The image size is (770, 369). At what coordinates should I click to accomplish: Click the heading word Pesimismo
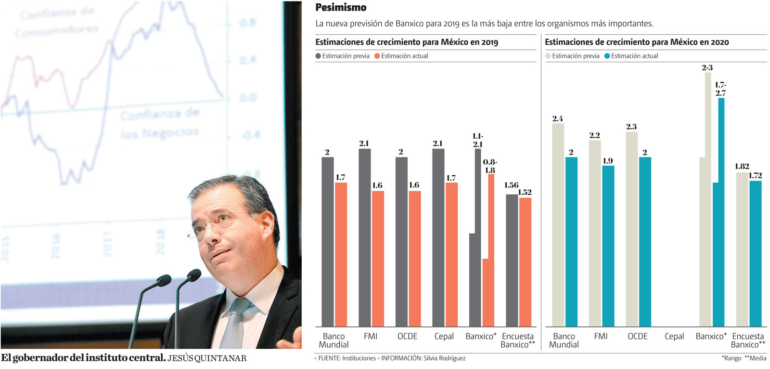(x=341, y=7)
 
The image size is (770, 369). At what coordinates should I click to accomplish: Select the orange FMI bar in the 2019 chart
(x=378, y=259)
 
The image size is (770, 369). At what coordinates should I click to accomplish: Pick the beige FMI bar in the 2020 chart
(x=595, y=233)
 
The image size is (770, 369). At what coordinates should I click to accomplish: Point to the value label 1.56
(x=511, y=185)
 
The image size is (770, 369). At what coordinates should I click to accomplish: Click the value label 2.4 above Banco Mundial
(x=557, y=119)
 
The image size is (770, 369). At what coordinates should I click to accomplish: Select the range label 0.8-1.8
(x=490, y=166)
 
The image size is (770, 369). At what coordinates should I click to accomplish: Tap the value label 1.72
(x=755, y=175)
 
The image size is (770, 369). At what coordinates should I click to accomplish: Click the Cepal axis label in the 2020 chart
(x=674, y=336)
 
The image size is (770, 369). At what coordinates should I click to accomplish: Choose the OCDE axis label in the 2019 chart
(x=407, y=336)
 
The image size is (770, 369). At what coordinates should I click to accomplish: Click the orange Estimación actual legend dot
(x=377, y=56)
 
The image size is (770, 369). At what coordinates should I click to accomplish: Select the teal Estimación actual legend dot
(x=607, y=56)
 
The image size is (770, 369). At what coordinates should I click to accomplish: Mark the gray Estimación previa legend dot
(x=318, y=56)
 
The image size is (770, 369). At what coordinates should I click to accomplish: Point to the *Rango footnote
(x=731, y=358)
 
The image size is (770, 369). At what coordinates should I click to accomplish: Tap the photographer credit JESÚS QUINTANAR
(x=207, y=358)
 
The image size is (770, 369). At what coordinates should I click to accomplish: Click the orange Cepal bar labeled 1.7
(x=451, y=254)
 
